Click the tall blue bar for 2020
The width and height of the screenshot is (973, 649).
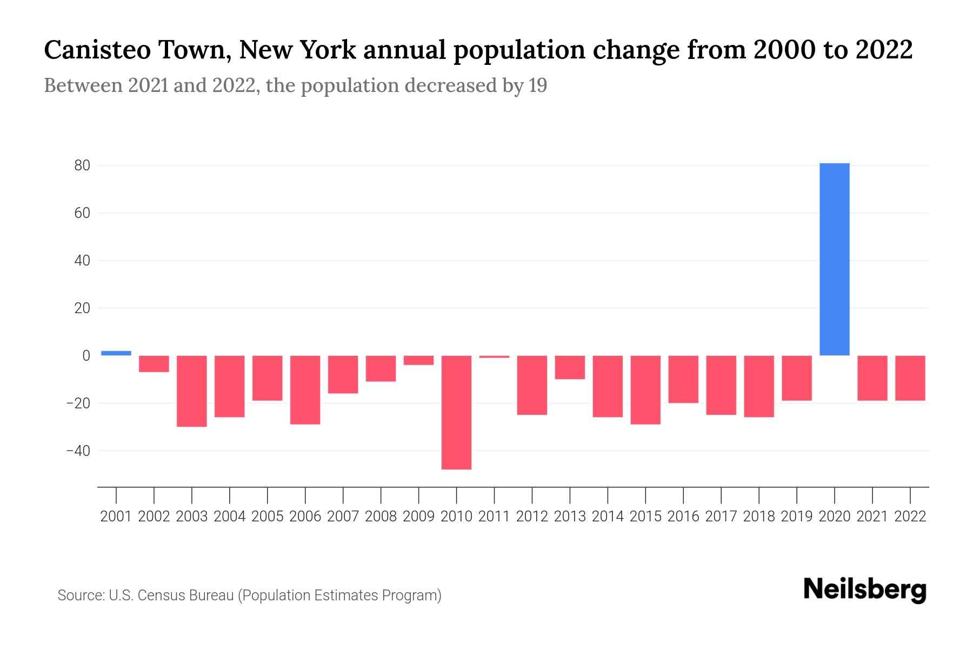834,260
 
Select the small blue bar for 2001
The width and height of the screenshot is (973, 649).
116,353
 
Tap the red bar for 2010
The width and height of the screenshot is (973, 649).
456,412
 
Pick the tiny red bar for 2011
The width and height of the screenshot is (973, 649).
494,357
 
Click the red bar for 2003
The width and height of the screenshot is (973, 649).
192,391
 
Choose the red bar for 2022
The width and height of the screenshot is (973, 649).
910,378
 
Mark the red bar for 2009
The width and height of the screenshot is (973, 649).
418,360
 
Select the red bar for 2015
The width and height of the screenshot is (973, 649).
645,390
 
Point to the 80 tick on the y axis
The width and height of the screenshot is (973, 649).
82,165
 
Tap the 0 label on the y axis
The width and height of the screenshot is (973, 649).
86,356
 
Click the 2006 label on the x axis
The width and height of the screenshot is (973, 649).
305,516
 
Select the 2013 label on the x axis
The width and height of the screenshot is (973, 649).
570,516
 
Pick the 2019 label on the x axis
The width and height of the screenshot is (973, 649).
797,516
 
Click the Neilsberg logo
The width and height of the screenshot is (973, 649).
865,590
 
